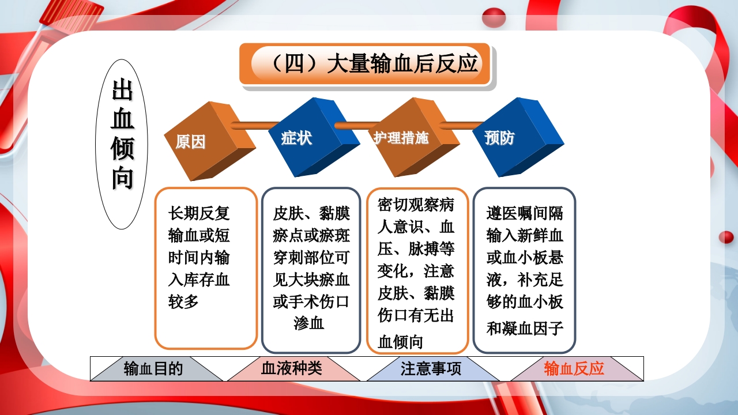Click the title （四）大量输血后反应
[365, 63]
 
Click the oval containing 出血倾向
[122, 144]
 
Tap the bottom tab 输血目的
[153, 369]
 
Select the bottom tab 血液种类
[292, 369]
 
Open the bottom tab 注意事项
[431, 369]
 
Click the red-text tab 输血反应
[574, 369]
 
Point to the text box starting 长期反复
[206, 268]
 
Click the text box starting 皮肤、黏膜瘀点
[311, 270]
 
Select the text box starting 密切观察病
[417, 270]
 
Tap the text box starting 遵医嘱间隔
[524, 270]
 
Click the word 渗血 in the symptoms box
[309, 323]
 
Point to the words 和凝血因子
[525, 329]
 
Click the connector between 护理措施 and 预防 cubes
[461, 124]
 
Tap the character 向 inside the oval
[122, 179]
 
